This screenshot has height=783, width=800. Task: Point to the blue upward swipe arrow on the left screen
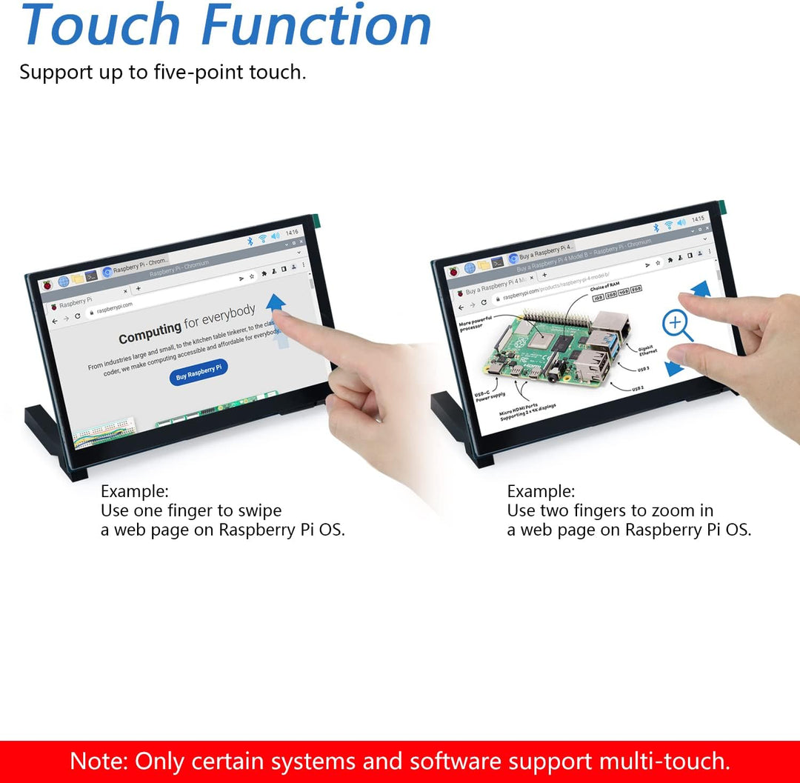[x=276, y=302]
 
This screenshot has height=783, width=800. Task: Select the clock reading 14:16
[x=292, y=233]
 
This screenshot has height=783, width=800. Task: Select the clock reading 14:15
[x=698, y=220]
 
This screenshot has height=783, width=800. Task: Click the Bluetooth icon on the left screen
[x=250, y=241]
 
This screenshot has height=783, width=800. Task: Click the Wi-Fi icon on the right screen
[x=668, y=224]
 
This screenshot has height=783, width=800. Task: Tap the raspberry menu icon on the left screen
[x=46, y=285]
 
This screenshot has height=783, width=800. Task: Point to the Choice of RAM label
[x=604, y=287]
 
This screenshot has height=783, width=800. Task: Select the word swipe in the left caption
[x=259, y=510]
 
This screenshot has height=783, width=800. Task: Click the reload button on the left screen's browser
[x=78, y=316]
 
